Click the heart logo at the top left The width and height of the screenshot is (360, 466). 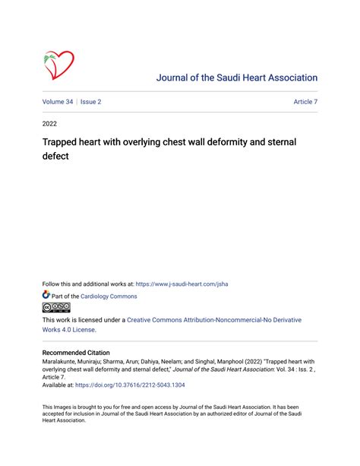click(58, 65)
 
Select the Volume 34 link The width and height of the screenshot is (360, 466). click(58, 101)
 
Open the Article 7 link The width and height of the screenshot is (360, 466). click(305, 101)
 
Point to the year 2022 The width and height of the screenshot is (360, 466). click(49, 123)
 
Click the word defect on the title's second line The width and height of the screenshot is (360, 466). click(55, 157)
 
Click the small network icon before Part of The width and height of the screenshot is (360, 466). click(46, 296)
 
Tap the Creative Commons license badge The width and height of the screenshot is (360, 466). click(55, 308)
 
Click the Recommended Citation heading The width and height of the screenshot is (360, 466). click(76, 353)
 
